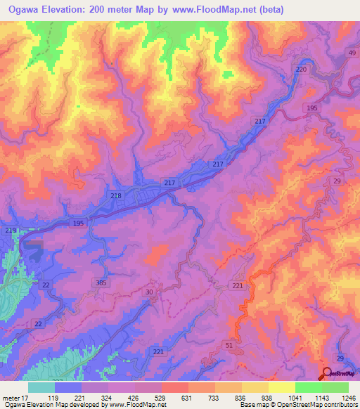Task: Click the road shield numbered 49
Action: pos(352,53)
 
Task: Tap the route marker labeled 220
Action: pos(302,70)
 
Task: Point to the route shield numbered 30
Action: pos(148,292)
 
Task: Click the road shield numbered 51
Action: pos(230,345)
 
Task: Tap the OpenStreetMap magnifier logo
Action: pos(327,373)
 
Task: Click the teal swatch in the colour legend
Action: pos(41,387)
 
